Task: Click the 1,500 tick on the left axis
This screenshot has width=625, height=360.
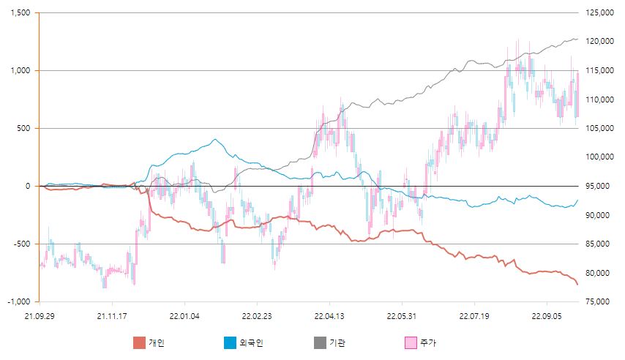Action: pos(20,13)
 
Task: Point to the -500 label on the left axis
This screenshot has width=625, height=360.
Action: pos(23,244)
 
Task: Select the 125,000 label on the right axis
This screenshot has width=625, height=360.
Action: pos(599,13)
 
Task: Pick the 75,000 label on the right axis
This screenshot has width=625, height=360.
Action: pos(596,301)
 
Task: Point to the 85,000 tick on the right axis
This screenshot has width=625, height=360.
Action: pos(596,244)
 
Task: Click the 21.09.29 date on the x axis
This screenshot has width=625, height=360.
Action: pos(40,316)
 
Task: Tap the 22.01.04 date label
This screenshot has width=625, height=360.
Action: pos(184,316)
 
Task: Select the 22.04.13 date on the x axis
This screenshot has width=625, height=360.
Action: pos(329,316)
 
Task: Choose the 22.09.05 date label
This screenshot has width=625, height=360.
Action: pos(547,316)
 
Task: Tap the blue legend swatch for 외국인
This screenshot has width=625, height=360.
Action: pos(228,342)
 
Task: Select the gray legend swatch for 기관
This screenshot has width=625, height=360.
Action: pos(319,342)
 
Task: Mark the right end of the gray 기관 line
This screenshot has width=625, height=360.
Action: pos(577,39)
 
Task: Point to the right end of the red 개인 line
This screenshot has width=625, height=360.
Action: pos(577,285)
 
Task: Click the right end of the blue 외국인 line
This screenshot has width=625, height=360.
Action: pos(577,200)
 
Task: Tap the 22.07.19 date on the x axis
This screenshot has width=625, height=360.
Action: pos(474,316)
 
